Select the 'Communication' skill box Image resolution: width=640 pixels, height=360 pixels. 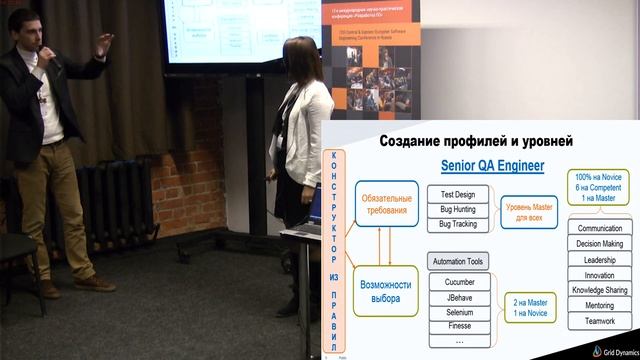point(599,228)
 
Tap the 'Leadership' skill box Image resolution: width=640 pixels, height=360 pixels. point(599,259)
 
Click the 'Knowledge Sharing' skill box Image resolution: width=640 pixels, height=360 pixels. point(599,290)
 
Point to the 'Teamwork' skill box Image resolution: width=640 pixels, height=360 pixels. point(599,321)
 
